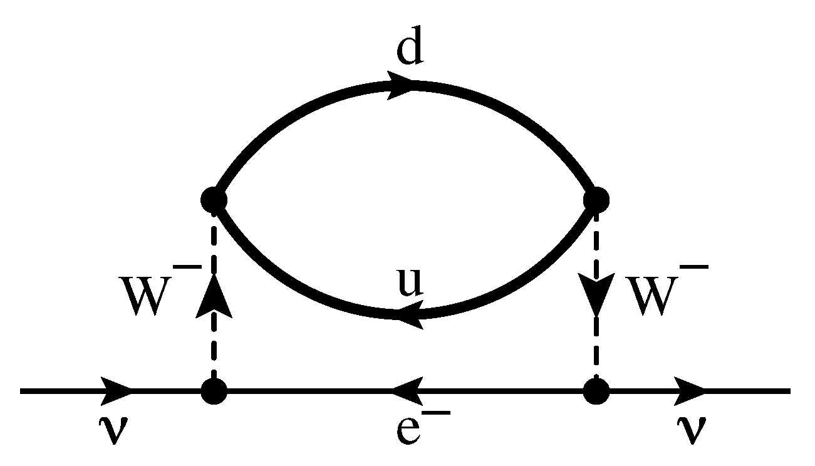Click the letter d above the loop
pyautogui.click(x=410, y=46)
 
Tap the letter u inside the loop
pyautogui.click(x=411, y=282)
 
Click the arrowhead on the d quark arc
pyautogui.click(x=400, y=85)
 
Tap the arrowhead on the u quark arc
pyautogui.click(x=410, y=314)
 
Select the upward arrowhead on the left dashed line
pyautogui.click(x=214, y=296)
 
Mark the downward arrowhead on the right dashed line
pyautogui.click(x=596, y=294)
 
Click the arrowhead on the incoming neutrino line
pyautogui.click(x=116, y=391)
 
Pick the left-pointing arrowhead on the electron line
pyautogui.click(x=407, y=391)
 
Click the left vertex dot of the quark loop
pyautogui.click(x=214, y=200)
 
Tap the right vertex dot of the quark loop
pyautogui.click(x=596, y=200)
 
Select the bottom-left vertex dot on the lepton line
pyautogui.click(x=214, y=391)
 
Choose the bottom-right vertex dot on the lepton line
pyautogui.click(x=596, y=391)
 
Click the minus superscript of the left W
pyautogui.click(x=187, y=267)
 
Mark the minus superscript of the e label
pyautogui.click(x=436, y=413)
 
